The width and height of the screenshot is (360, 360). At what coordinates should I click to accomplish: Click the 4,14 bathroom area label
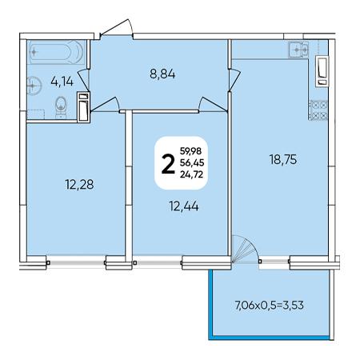62,82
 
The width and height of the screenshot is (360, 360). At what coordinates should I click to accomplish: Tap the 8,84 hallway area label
162,74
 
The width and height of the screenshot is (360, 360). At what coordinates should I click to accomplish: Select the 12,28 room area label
79,184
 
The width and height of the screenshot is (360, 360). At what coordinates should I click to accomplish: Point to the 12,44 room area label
184,206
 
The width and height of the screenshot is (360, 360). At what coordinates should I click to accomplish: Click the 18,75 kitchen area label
283,160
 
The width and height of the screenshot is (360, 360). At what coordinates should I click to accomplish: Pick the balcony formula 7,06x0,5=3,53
270,305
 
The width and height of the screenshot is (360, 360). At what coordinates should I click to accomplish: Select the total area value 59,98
190,151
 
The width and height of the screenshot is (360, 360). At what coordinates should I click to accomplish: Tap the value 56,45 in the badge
192,162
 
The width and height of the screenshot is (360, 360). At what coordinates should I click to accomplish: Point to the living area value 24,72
191,174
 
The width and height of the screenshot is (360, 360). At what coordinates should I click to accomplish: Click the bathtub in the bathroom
57,52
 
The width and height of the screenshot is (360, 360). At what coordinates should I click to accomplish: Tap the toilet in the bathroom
61,107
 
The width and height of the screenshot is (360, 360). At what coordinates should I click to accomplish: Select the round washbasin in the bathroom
34,86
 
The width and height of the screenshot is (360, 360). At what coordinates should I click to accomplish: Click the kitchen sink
298,50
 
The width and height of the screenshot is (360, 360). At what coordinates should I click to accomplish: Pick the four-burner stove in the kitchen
318,110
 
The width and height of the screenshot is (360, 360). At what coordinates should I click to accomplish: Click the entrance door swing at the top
118,27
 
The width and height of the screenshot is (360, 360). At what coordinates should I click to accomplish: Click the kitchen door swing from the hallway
234,79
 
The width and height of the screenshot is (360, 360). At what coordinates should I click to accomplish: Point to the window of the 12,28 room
77,262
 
